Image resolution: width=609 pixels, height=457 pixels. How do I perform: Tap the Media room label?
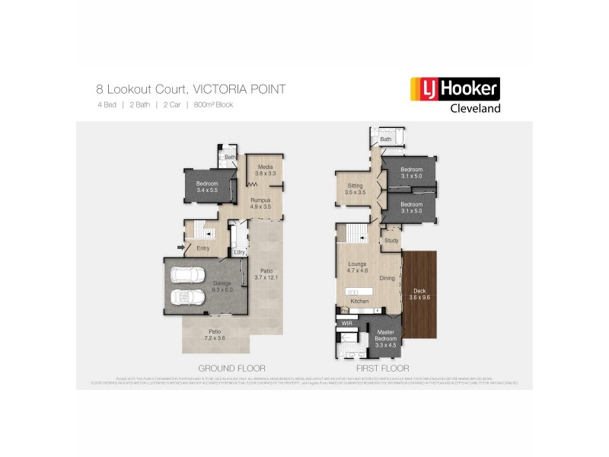click(x=265, y=171)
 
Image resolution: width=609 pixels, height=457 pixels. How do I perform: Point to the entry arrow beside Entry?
click(x=180, y=247)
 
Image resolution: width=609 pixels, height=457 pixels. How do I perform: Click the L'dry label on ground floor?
click(x=239, y=252)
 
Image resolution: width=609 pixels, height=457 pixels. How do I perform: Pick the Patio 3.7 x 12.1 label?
click(x=266, y=274)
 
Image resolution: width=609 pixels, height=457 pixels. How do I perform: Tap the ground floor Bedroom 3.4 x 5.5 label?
click(x=207, y=187)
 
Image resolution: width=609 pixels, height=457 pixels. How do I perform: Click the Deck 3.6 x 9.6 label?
click(x=420, y=294)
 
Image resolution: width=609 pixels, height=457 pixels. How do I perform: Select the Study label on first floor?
click(x=391, y=241)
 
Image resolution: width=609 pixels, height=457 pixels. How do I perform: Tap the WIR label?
click(x=347, y=323)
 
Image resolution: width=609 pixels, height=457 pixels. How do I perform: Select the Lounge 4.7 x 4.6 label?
click(x=358, y=267)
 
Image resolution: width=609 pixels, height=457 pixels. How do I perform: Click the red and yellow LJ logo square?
click(x=420, y=89)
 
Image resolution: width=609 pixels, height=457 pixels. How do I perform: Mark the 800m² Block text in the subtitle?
click(x=213, y=104)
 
